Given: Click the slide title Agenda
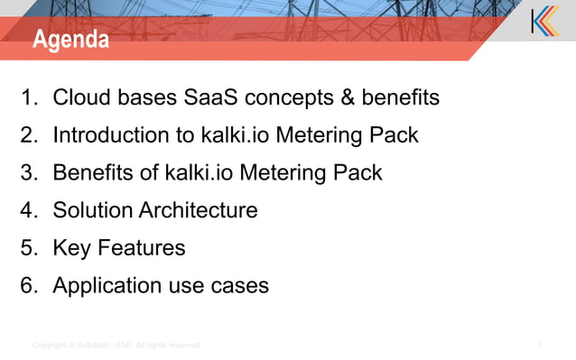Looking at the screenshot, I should (71, 41).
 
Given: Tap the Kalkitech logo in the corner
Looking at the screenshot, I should (545, 21).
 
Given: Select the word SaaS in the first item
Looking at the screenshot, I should (208, 97).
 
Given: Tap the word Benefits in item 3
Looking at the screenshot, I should (90, 172).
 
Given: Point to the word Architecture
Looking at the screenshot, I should (198, 210).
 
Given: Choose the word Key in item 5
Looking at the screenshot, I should (71, 248).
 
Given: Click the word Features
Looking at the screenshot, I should (141, 248).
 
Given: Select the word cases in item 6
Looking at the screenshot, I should (240, 286).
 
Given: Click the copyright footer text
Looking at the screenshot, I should (116, 345).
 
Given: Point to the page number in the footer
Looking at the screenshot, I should (539, 345).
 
